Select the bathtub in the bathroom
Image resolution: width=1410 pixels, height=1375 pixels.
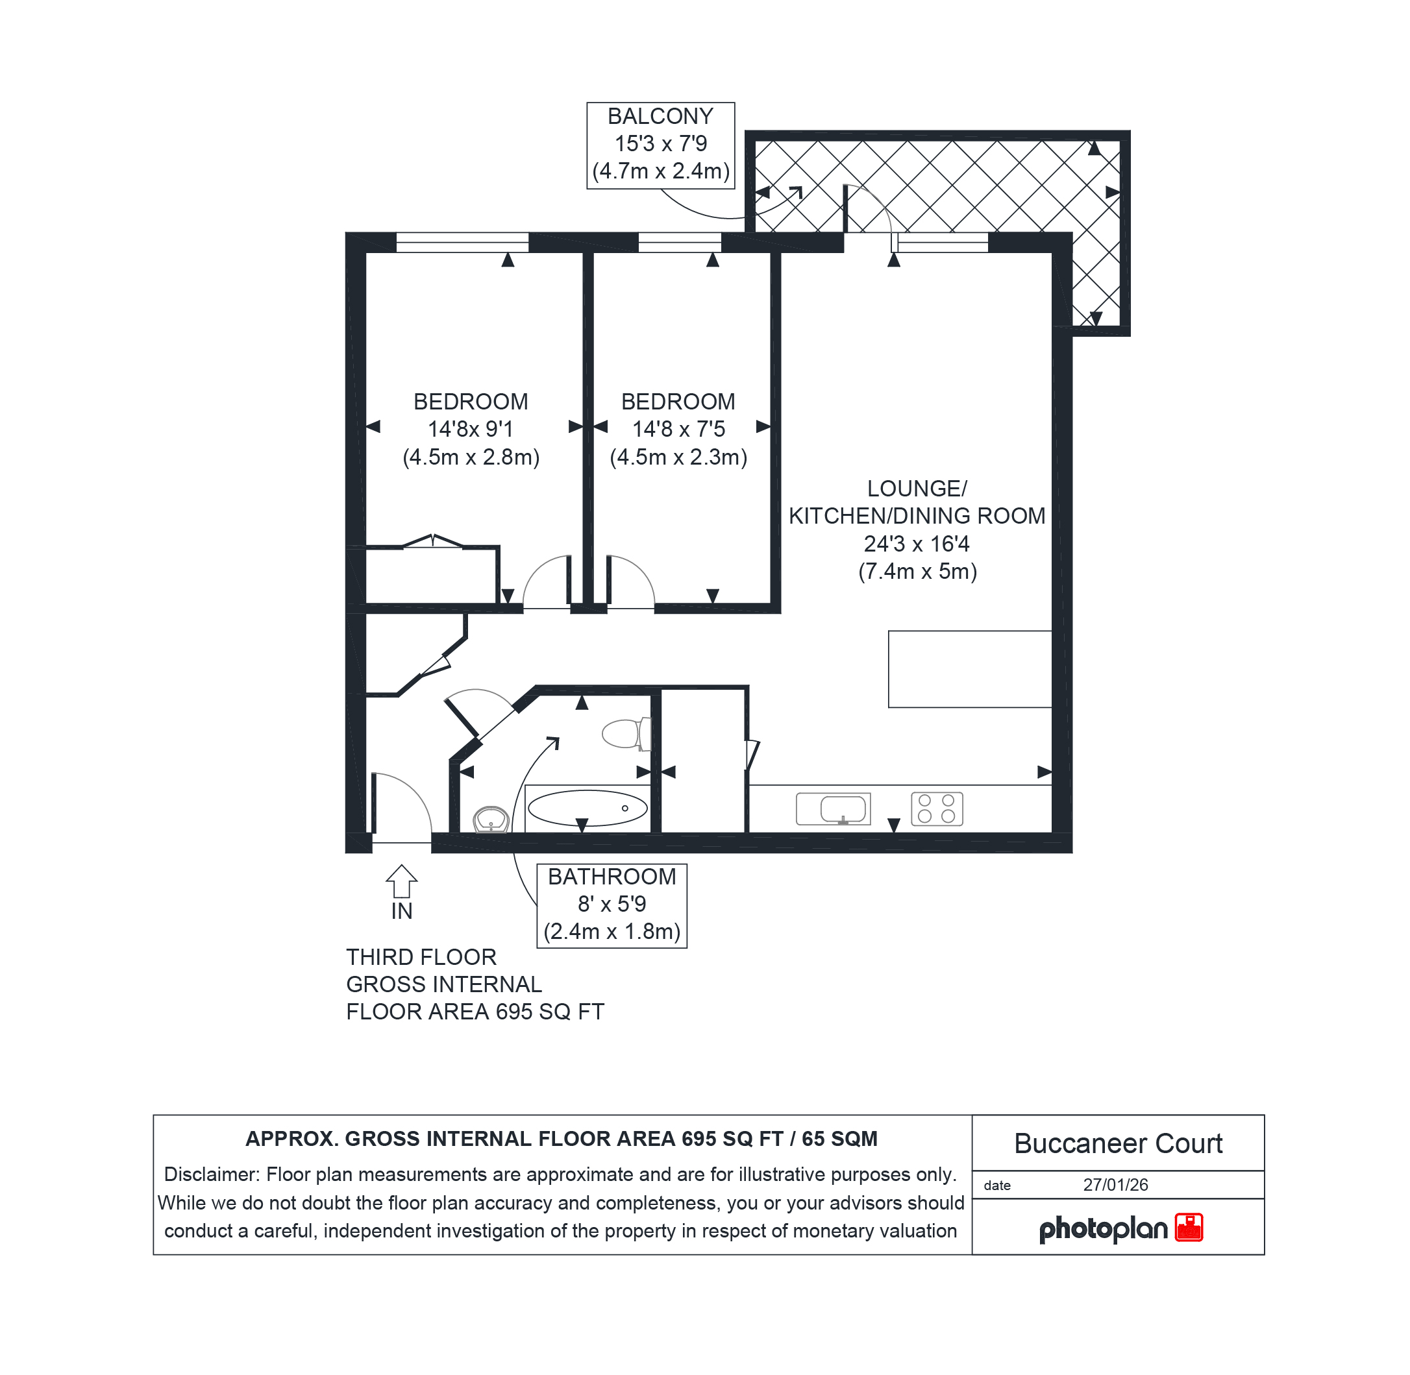pos(587,808)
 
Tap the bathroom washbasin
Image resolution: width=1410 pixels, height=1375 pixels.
pos(491,820)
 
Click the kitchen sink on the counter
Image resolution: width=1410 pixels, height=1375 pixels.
pos(833,808)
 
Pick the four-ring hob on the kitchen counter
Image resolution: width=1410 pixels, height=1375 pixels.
pos(937,808)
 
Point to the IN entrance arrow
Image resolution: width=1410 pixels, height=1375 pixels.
pos(402,881)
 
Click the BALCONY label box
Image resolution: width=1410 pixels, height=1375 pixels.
pos(660,145)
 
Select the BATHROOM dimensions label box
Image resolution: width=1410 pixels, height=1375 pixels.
pos(612,906)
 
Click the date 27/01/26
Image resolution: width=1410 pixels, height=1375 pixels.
pos(1115,1184)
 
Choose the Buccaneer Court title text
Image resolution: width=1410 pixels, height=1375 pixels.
pos(1117,1143)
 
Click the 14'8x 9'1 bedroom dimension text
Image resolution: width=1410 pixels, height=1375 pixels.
pos(470,429)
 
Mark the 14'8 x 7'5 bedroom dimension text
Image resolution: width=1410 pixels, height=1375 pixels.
pos(678,429)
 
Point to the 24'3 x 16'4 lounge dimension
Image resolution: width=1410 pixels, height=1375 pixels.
pos(917,544)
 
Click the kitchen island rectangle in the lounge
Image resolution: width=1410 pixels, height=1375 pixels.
pos(969,669)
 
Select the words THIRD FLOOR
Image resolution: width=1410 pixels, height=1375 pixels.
pos(421,957)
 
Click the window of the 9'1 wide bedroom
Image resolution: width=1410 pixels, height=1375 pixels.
pos(462,242)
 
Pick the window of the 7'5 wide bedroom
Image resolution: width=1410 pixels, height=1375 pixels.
pos(680,242)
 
